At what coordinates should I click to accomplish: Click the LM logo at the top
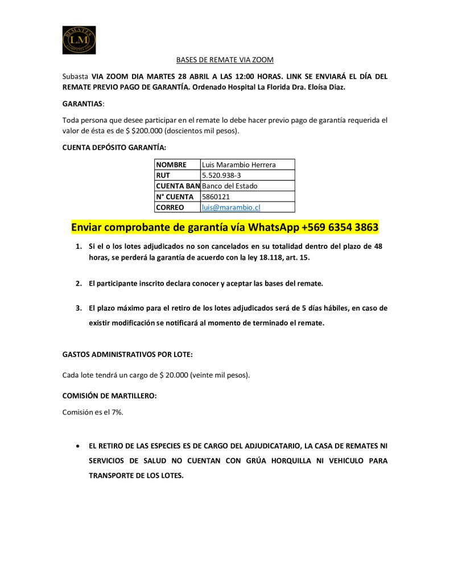pyautogui.click(x=79, y=40)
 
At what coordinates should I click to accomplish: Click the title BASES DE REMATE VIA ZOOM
pyautogui.click(x=225, y=60)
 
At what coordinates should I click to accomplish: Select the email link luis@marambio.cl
pyautogui.click(x=231, y=207)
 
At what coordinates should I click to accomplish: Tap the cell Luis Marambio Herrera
pyautogui.click(x=239, y=165)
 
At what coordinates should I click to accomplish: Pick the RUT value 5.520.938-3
pyautogui.click(x=221, y=175)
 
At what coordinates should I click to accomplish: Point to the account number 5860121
pyautogui.click(x=216, y=197)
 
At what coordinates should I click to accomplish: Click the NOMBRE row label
pyautogui.click(x=171, y=165)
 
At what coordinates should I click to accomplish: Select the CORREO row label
pyautogui.click(x=170, y=207)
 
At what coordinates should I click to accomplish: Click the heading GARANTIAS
pyautogui.click(x=82, y=104)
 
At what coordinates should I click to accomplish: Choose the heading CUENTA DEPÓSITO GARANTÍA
pyautogui.click(x=114, y=148)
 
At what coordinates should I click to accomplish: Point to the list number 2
pyautogui.click(x=79, y=283)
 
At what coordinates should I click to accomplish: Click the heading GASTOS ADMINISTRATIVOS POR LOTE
pyautogui.click(x=127, y=354)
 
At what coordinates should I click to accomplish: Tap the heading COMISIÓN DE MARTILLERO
pyautogui.click(x=109, y=396)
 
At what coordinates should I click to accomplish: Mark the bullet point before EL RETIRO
pyautogui.click(x=78, y=445)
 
